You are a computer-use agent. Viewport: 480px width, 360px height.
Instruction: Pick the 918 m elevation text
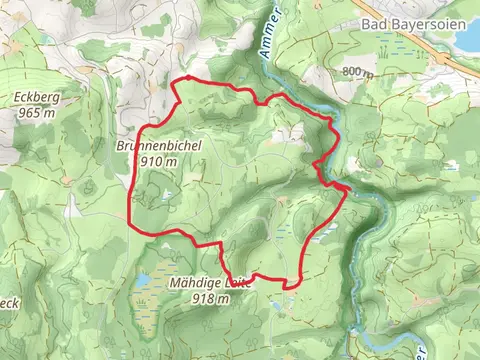(204, 298)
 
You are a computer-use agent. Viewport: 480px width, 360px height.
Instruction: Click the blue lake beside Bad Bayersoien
(468, 35)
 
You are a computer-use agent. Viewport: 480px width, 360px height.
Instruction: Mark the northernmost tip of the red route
(183, 78)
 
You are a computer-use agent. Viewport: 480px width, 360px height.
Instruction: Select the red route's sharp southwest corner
(133, 224)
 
